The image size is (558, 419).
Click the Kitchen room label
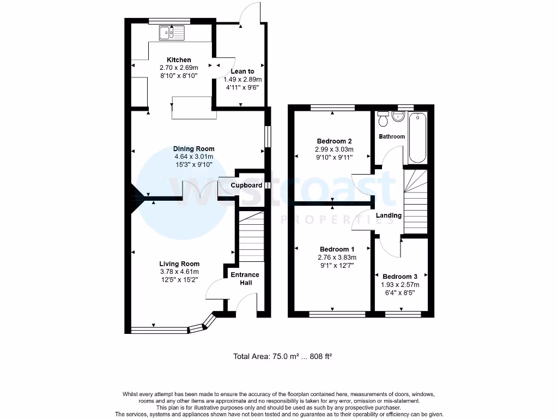(x=179, y=59)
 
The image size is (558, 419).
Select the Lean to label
(x=242, y=71)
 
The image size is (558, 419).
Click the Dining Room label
(x=193, y=148)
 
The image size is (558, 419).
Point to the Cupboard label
(x=246, y=185)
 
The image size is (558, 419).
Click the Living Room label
(x=179, y=264)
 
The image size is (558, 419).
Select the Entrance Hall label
(x=245, y=278)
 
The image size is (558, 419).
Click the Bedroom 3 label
(x=400, y=277)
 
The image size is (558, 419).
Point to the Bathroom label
(x=392, y=136)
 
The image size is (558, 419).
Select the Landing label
(x=389, y=216)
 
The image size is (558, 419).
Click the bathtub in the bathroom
(x=417, y=138)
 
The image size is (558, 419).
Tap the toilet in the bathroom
(x=383, y=118)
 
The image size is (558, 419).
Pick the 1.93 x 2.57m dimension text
(x=401, y=285)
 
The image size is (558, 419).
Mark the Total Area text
(x=282, y=356)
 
